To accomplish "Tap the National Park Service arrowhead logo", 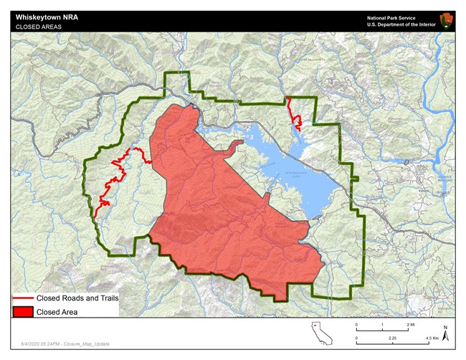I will click(445, 21).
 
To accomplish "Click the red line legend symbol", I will click(23, 298).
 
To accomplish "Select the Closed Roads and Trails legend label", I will click(77, 298).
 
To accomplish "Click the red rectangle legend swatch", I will click(23, 312).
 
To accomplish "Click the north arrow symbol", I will click(444, 333).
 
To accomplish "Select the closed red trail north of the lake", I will click(293, 112).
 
